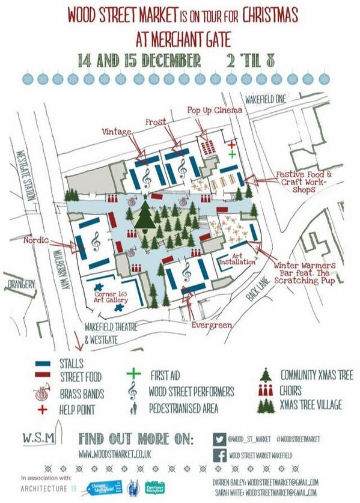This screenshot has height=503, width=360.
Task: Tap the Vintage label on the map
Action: click(116, 131)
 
